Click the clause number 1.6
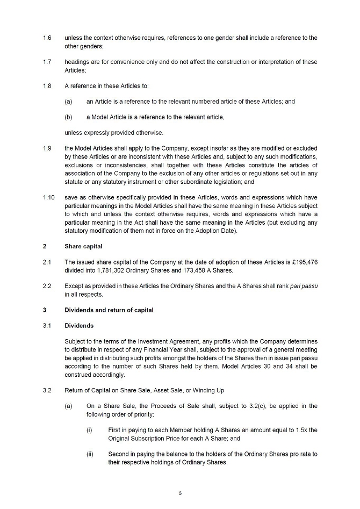tap(47, 38)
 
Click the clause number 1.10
tap(48, 197)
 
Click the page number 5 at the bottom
tap(181, 493)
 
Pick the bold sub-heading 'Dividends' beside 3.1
tap(79, 326)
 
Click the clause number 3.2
tap(47, 390)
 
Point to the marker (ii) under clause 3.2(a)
tap(90, 454)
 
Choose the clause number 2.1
tap(47, 262)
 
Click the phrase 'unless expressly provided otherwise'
tap(113, 133)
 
